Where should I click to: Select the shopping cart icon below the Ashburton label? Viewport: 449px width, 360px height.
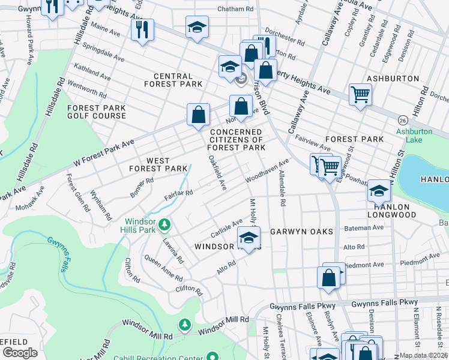(360, 94)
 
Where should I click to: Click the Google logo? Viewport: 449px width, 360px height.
(20, 353)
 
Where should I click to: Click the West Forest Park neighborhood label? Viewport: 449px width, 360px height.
(158, 165)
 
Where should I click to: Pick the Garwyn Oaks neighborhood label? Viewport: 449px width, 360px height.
(301, 231)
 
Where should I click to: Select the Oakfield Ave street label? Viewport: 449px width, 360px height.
(217, 173)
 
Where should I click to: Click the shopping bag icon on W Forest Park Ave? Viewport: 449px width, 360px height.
(197, 115)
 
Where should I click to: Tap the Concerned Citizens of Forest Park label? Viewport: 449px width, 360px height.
(237, 139)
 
